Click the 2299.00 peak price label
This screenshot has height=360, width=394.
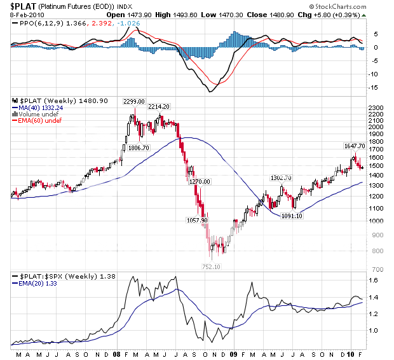pos(134,102)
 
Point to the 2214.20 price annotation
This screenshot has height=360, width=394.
pos(159,107)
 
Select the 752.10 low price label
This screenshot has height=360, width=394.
pos(215,267)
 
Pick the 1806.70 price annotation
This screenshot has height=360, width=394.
pos(139,148)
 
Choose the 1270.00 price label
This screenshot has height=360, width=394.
pos(200,182)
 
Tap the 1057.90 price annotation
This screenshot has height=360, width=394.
pos(196,221)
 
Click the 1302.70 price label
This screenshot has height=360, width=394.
pos(280,178)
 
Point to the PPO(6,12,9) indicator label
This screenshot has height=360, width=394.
pos(37,23)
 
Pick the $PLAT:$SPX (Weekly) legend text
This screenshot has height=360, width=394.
pos(53,276)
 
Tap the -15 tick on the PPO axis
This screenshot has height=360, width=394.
pos(376,88)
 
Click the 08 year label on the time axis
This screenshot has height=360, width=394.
pos(119,353)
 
